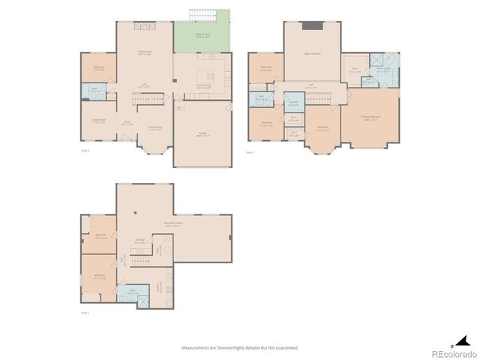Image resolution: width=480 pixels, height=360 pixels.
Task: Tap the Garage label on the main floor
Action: tap(202, 134)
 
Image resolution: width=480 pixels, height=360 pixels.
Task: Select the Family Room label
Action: tap(145, 52)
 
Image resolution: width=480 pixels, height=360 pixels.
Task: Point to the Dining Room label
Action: tap(155, 128)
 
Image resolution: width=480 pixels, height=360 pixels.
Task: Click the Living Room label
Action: tap(98, 122)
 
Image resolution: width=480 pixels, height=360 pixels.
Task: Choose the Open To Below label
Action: tap(312, 54)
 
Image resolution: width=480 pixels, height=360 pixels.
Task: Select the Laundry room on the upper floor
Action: tap(293, 103)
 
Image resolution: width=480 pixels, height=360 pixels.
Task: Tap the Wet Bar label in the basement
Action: tap(140, 241)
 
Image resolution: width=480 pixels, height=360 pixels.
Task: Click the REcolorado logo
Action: tap(453, 353)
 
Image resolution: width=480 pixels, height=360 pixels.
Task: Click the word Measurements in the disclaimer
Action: tap(197, 348)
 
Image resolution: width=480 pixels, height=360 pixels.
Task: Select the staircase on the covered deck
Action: tap(202, 15)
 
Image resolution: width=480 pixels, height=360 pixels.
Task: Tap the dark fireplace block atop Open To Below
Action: tap(312, 25)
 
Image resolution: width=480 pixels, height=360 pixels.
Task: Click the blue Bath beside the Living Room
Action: tap(95, 91)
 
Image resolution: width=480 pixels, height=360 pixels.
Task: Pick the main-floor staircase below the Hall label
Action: tap(146, 99)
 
